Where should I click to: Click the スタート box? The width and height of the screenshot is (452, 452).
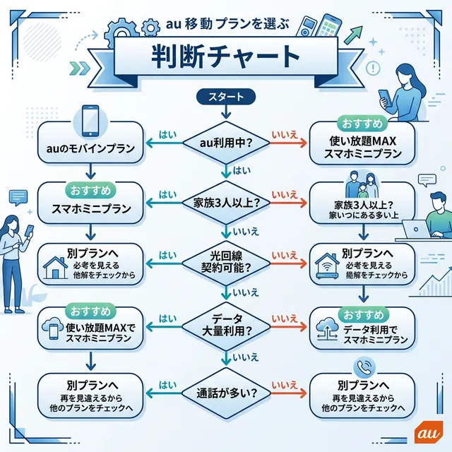pyautogui.click(x=227, y=96)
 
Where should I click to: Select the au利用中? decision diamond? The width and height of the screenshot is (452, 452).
pyautogui.click(x=227, y=142)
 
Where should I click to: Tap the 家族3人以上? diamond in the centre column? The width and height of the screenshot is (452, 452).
pyautogui.click(x=227, y=202)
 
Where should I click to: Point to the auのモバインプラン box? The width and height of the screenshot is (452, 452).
pyautogui.click(x=90, y=148)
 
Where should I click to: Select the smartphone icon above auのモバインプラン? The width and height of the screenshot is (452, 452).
pyautogui.click(x=91, y=121)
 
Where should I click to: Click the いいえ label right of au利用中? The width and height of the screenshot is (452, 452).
pyautogui.click(x=284, y=134)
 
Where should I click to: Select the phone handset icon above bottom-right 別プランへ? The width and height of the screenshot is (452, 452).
pyautogui.click(x=362, y=367)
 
